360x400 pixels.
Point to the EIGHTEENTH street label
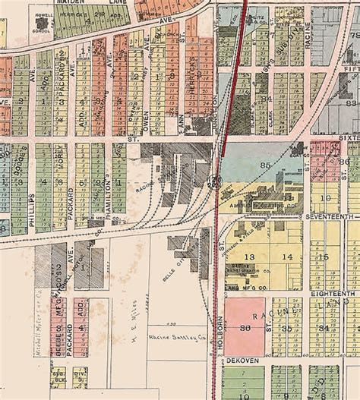(333, 292)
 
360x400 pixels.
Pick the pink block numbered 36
(245, 327)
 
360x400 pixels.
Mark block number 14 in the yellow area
(287, 257)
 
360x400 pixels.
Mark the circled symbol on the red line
(215, 181)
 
